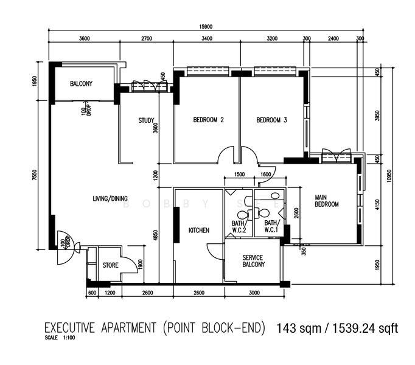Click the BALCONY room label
click(82, 83)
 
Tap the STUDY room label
click(146, 120)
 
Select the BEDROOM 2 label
click(208, 120)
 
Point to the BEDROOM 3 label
click(271, 120)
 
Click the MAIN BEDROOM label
click(327, 201)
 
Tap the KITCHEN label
click(199, 231)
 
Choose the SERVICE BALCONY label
click(253, 261)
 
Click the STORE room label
click(110, 265)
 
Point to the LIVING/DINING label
click(110, 198)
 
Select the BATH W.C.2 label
click(239, 227)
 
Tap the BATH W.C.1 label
click(271, 226)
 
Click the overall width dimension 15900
click(206, 27)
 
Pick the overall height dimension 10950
click(389, 176)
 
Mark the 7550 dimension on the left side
click(35, 175)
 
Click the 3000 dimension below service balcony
click(254, 293)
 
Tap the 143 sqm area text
click(299, 328)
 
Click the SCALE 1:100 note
click(60, 338)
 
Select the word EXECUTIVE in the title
click(69, 328)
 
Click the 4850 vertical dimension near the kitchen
click(156, 235)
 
